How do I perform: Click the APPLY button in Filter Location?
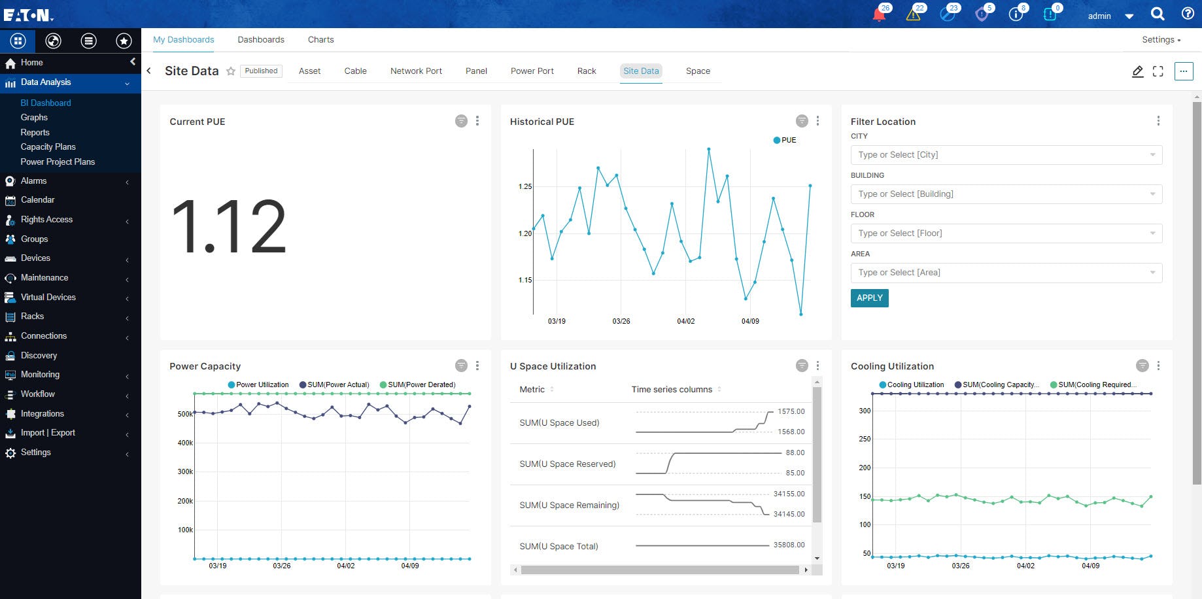pos(869,298)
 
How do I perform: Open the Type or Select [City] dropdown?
pos(1006,155)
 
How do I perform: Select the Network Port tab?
pos(416,71)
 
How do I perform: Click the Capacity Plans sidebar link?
pos(48,146)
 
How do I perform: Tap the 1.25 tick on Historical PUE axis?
pos(525,186)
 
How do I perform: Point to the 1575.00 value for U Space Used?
pos(791,411)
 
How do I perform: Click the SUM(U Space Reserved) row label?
pos(567,464)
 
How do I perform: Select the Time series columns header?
pos(672,389)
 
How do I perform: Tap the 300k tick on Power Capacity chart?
pos(185,471)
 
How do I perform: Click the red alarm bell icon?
pos(879,14)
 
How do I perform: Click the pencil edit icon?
pos(1137,71)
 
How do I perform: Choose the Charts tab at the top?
pos(320,39)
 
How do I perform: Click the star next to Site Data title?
pos(231,71)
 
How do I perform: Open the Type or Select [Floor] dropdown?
pos(1006,233)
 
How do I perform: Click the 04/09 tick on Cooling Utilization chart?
pos(1090,566)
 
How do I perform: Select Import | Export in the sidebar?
pos(48,432)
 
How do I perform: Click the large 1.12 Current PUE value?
pos(228,226)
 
